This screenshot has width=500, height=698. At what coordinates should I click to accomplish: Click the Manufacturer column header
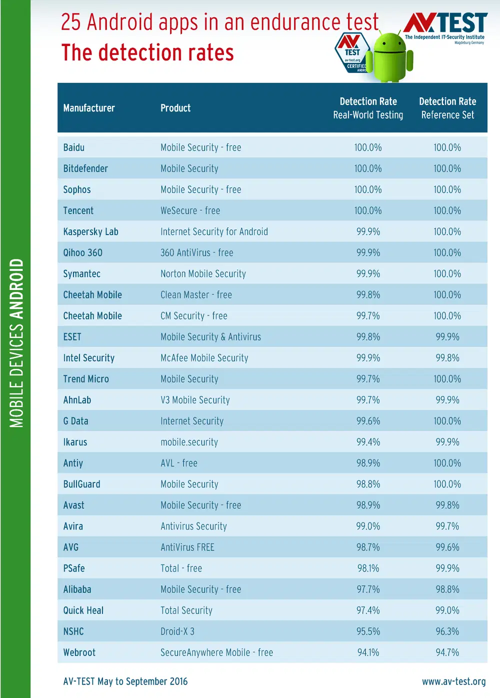pos(89,108)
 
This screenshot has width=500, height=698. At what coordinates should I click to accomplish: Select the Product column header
pos(175,108)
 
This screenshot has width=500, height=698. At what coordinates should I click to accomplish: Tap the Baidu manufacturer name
pos(74,147)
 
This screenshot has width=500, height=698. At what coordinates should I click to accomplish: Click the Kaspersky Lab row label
pos(90,231)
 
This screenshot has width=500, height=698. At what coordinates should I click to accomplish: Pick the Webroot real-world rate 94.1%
pos(368,652)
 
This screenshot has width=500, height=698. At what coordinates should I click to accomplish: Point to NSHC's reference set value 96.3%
pos(447,631)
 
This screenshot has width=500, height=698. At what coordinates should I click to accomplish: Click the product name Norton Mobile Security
pos(203,274)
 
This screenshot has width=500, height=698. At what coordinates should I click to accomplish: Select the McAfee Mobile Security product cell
pos(204,358)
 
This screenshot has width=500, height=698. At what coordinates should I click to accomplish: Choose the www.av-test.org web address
pos(453,681)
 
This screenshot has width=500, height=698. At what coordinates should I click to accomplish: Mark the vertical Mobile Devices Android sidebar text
pos(16,343)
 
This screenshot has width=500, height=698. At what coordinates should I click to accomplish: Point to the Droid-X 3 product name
pos(177,631)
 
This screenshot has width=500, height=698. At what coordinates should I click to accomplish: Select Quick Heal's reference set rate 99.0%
pos(447,610)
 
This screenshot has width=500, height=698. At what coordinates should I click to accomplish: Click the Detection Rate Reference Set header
pos(447,108)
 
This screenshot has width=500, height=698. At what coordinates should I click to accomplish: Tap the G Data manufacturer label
pos(75,421)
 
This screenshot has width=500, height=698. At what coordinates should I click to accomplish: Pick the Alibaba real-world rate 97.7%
pos(368,589)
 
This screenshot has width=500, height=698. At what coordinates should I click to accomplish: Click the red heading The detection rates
pos(147,52)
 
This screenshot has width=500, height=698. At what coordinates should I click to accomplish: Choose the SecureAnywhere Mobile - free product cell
pos(216,652)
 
